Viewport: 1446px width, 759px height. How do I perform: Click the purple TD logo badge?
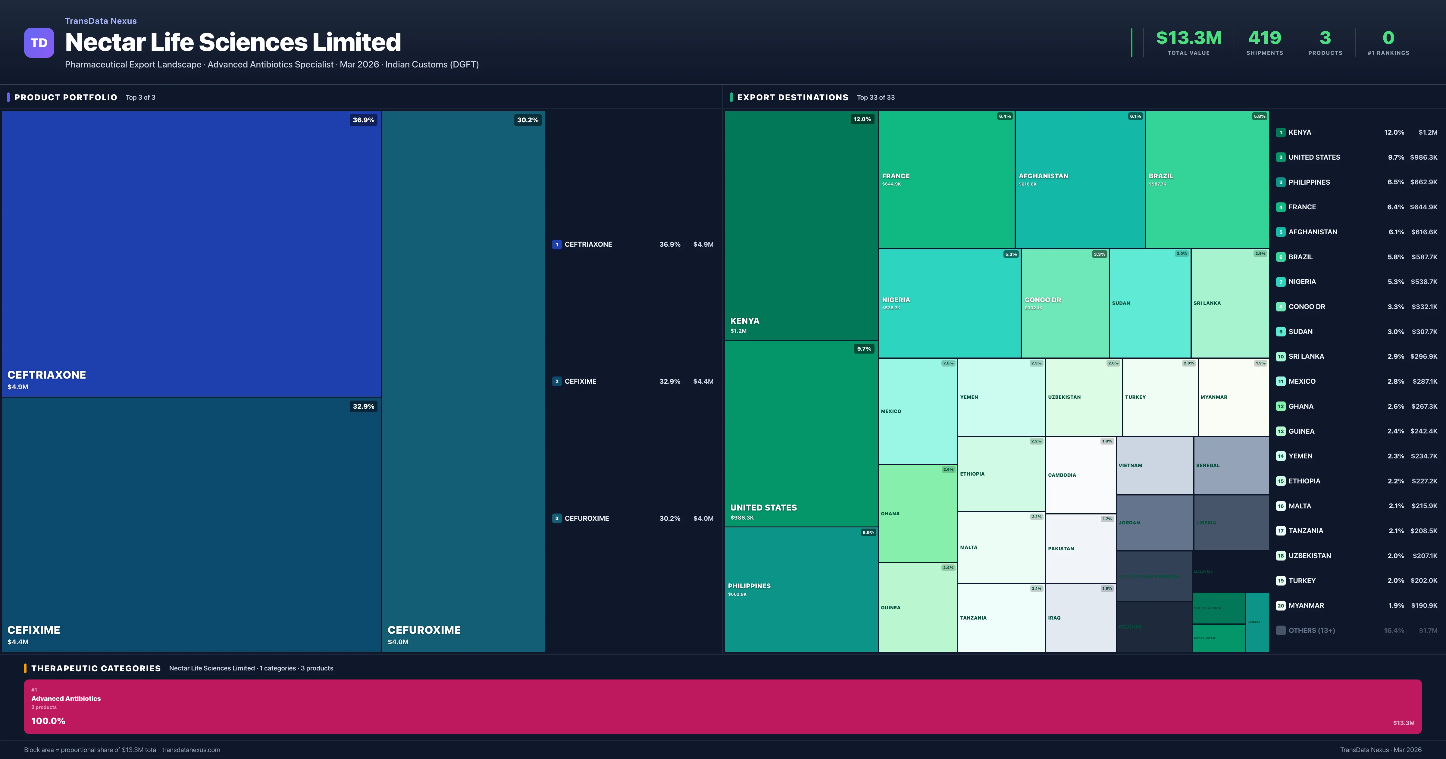39,43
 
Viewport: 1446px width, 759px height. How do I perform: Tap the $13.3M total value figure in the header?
1188,38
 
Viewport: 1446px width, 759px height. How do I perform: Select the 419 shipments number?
1264,38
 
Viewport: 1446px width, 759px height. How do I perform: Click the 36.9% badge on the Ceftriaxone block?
363,120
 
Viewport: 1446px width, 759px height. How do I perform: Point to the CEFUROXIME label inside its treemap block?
424,630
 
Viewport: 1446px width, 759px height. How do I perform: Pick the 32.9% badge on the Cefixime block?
363,406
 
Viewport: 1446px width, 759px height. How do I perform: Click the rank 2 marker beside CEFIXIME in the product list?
556,382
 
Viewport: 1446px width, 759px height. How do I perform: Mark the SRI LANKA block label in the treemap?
1207,303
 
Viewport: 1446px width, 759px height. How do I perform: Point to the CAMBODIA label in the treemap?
1062,475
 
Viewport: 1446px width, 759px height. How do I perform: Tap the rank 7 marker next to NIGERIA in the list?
1280,282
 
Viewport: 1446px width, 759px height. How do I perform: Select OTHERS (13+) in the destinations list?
1311,630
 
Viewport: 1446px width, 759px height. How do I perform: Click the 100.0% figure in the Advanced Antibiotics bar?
48,721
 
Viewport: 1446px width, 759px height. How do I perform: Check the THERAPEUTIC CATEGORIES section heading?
95,668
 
